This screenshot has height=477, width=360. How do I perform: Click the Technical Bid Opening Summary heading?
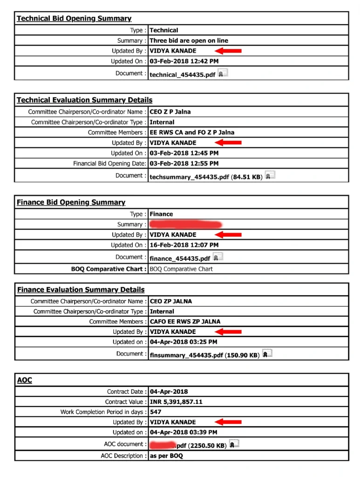[74, 19]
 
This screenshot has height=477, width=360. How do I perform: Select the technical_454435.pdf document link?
[182, 75]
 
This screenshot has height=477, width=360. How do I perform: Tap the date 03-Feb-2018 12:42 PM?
[184, 61]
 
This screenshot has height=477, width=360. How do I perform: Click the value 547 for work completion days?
[156, 412]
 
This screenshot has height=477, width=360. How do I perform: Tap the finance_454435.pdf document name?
[180, 259]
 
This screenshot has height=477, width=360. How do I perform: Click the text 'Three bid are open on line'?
[189, 41]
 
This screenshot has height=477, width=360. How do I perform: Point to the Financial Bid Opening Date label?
[109, 164]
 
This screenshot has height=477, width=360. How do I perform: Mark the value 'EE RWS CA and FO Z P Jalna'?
[192, 132]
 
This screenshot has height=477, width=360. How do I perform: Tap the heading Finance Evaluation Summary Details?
[81, 290]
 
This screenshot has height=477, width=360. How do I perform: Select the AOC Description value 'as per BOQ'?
[166, 456]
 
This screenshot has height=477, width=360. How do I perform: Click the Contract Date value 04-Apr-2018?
[169, 391]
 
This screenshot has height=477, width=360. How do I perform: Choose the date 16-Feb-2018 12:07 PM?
[184, 245]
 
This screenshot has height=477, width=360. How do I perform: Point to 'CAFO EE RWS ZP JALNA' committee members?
[185, 321]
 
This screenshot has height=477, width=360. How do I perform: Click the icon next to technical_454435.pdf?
[223, 73]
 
